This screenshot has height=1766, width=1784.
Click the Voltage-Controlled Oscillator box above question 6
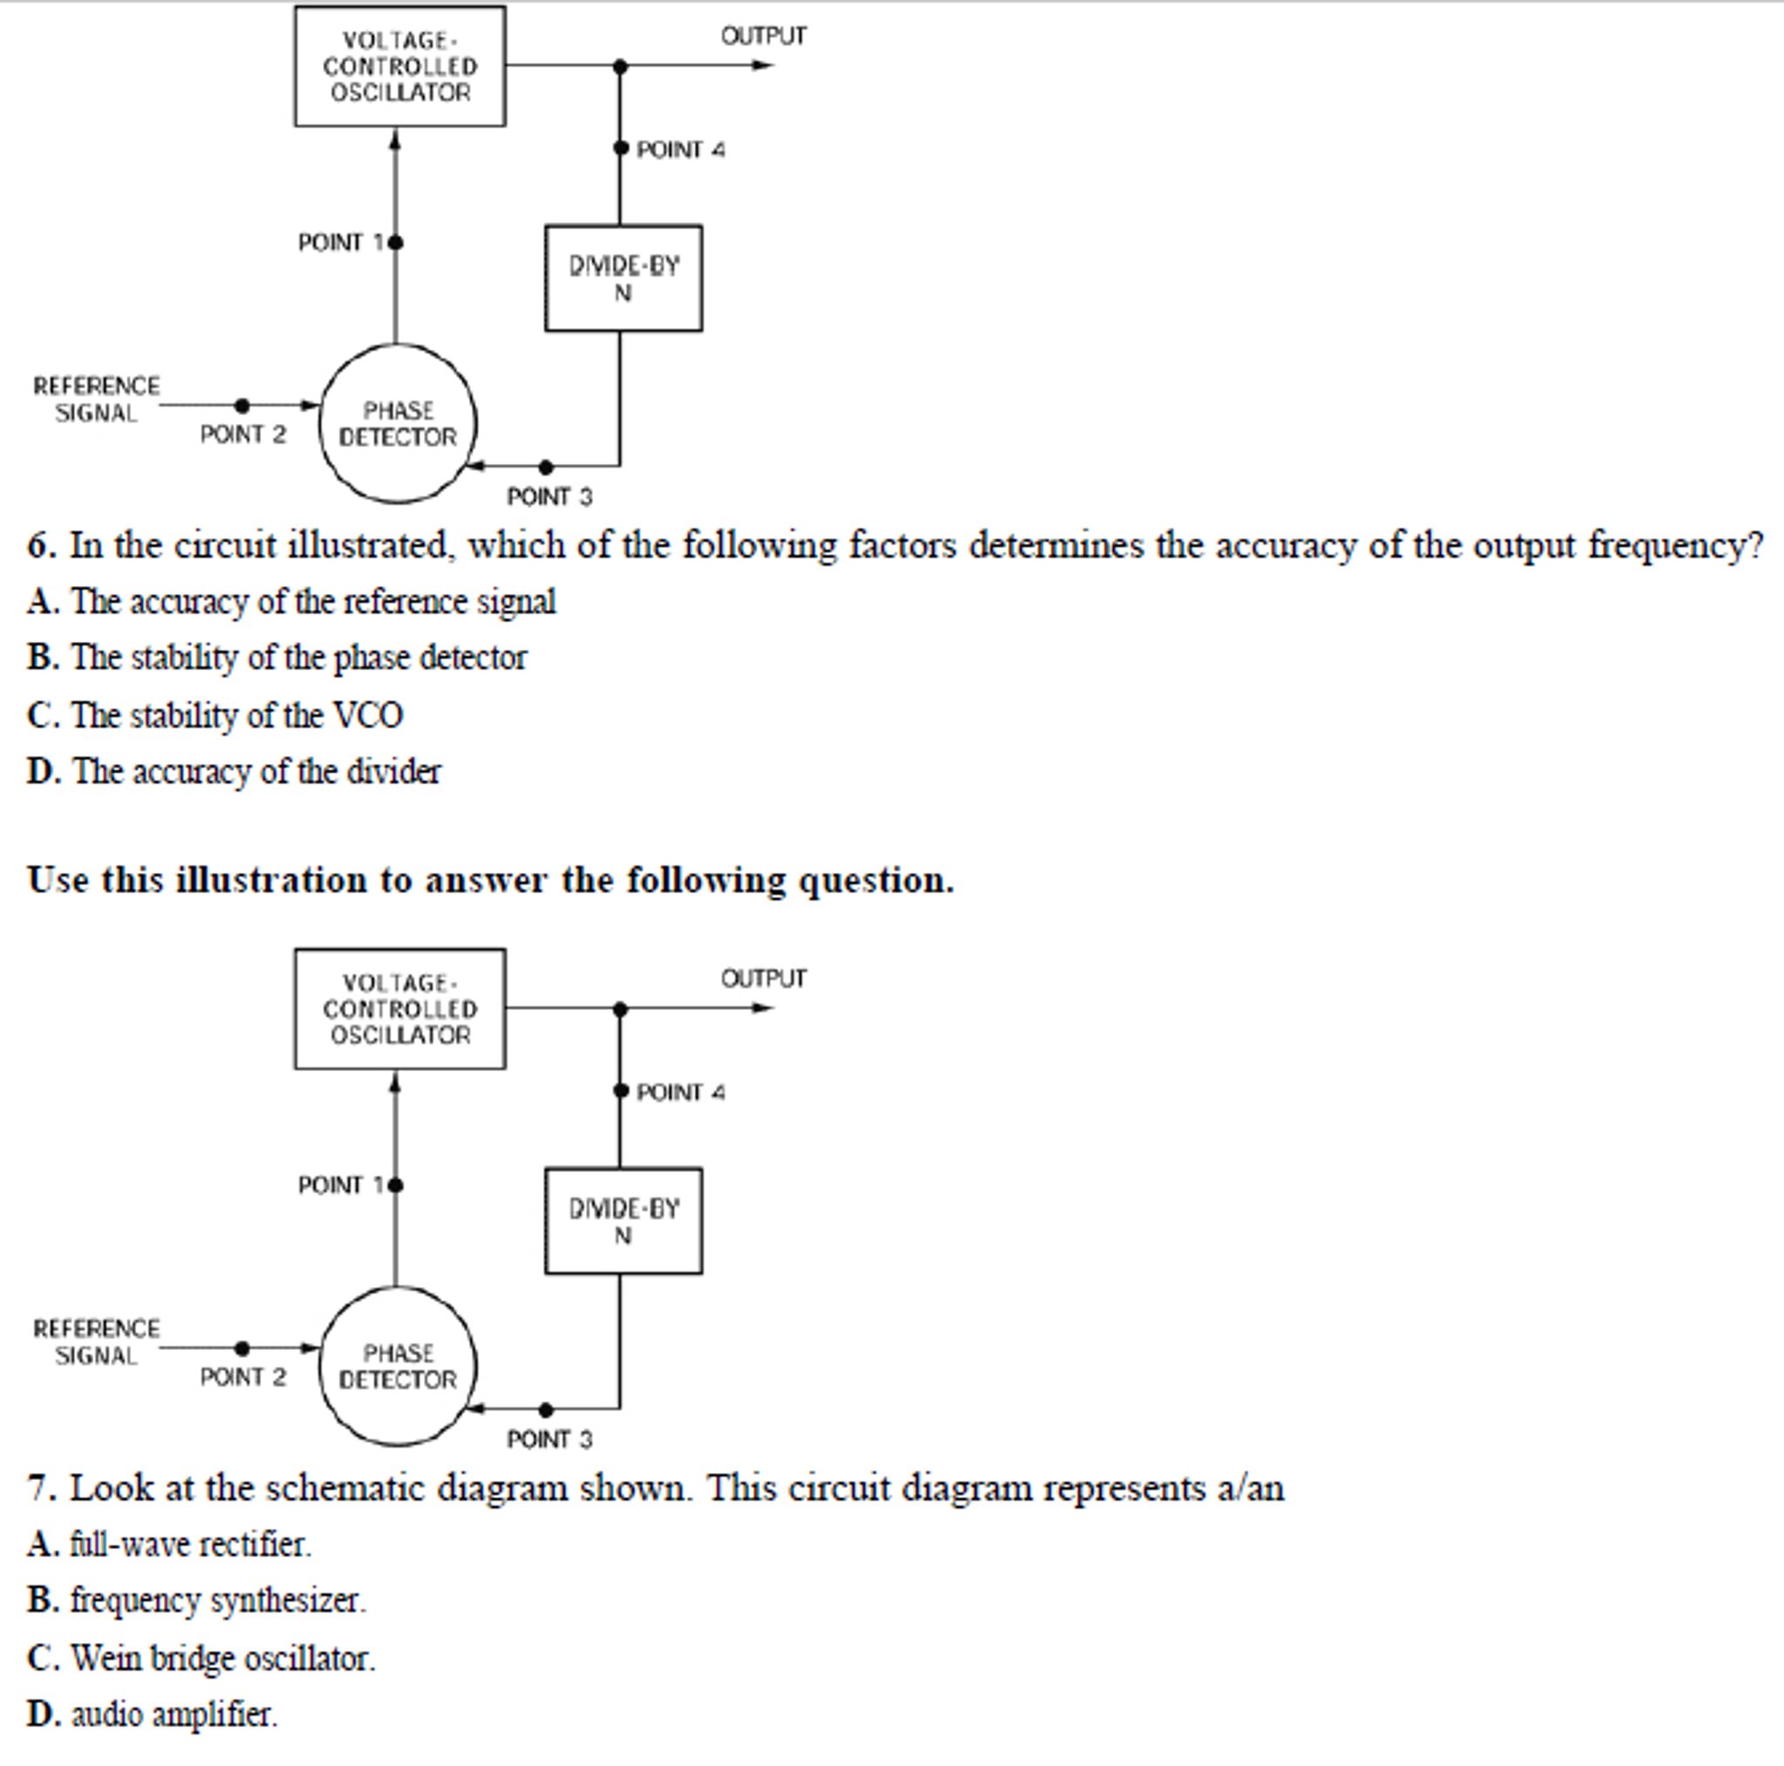click(x=400, y=66)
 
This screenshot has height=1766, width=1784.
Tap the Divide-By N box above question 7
click(x=623, y=1221)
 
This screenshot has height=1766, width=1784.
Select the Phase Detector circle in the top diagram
click(x=398, y=424)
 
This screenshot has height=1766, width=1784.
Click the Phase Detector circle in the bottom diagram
click(x=398, y=1366)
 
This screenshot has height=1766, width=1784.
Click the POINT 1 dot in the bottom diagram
click(x=396, y=1185)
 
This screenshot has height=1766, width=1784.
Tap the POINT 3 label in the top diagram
click(x=549, y=497)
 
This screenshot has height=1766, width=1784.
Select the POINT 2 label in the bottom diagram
click(x=243, y=1377)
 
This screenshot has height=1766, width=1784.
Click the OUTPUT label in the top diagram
click(x=764, y=36)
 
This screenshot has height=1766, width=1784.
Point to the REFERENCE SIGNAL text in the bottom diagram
click(x=96, y=1342)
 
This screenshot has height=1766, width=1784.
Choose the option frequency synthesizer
click(x=218, y=1600)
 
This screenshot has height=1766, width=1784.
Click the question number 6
click(x=41, y=546)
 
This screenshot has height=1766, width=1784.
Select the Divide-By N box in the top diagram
click(x=623, y=278)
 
